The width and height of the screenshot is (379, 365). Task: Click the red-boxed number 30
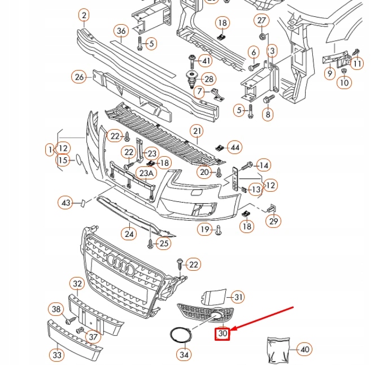click(x=223, y=333)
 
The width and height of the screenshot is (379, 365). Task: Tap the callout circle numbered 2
click(x=84, y=15)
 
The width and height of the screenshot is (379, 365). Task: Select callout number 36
click(x=121, y=31)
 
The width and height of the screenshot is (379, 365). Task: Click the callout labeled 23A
click(x=146, y=173)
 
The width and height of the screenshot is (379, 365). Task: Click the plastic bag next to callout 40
click(x=278, y=349)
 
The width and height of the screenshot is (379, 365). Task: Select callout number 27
click(x=262, y=20)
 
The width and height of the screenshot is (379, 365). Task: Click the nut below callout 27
click(x=263, y=37)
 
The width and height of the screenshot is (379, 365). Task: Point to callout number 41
click(x=206, y=61)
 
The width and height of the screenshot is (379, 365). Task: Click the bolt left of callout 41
click(x=192, y=61)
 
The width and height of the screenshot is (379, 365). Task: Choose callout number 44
click(x=235, y=147)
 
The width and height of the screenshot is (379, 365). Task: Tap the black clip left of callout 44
click(x=220, y=148)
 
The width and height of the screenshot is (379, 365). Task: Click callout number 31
click(x=238, y=297)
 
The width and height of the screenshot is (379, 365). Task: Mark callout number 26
click(x=79, y=77)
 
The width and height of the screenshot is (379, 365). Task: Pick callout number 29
click(x=273, y=221)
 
